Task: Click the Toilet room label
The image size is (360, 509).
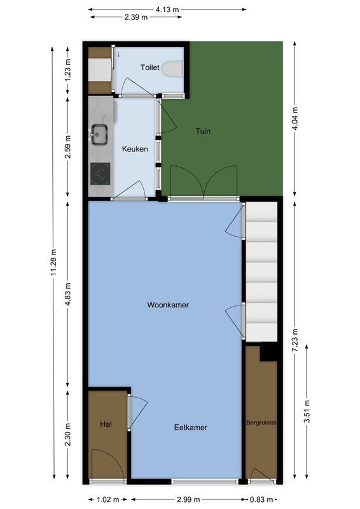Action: click(x=150, y=66)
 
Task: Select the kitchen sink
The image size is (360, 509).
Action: click(x=99, y=135)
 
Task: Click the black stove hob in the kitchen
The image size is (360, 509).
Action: click(x=100, y=172)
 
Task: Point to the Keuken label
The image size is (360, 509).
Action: click(x=135, y=150)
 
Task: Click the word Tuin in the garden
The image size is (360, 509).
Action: click(x=202, y=132)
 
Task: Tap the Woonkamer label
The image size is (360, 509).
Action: click(x=168, y=305)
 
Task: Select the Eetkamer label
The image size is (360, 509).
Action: click(x=191, y=428)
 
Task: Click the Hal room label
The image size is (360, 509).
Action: click(x=106, y=424)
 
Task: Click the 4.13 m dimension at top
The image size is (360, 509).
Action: click(x=167, y=9)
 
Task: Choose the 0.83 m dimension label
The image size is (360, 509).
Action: click(x=262, y=499)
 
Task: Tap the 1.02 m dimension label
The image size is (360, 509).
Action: click(x=108, y=499)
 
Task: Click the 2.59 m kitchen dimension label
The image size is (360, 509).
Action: click(x=67, y=147)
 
